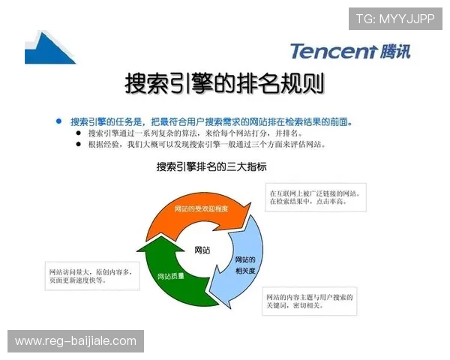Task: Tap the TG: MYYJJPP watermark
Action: pos(395,19)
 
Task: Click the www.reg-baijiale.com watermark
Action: pos(76,341)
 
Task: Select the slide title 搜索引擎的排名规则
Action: pos(224,84)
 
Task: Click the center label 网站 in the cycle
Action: pos(202,249)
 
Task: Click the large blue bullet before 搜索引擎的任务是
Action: pos(58,121)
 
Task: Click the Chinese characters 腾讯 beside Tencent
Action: pos(394,51)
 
